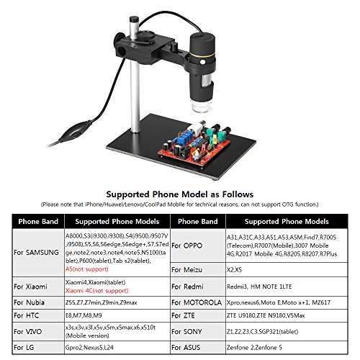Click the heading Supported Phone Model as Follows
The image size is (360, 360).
coord(180,194)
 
